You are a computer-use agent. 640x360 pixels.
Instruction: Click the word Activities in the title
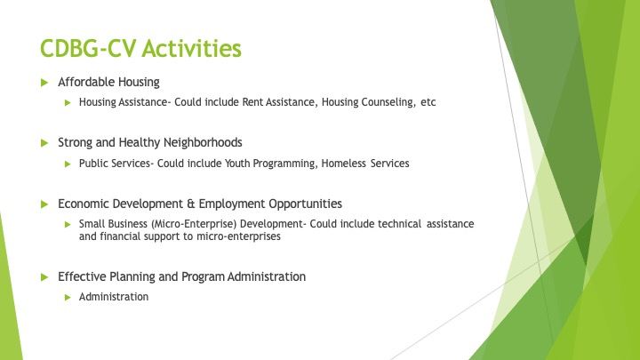pos(191,48)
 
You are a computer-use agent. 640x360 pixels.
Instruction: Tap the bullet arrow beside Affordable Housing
pos(44,83)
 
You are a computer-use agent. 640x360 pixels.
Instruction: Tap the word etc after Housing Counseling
pos(428,102)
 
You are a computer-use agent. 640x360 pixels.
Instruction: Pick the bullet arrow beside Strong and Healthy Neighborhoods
pos(44,143)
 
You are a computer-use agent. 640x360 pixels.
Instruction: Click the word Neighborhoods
pos(203,142)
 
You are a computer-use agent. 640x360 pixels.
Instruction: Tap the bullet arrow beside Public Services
pos(68,164)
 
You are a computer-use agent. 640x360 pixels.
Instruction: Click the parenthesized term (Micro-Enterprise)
pos(194,224)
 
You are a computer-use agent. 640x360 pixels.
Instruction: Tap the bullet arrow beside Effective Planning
pos(44,277)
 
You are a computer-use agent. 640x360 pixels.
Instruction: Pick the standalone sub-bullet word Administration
pos(114,297)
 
